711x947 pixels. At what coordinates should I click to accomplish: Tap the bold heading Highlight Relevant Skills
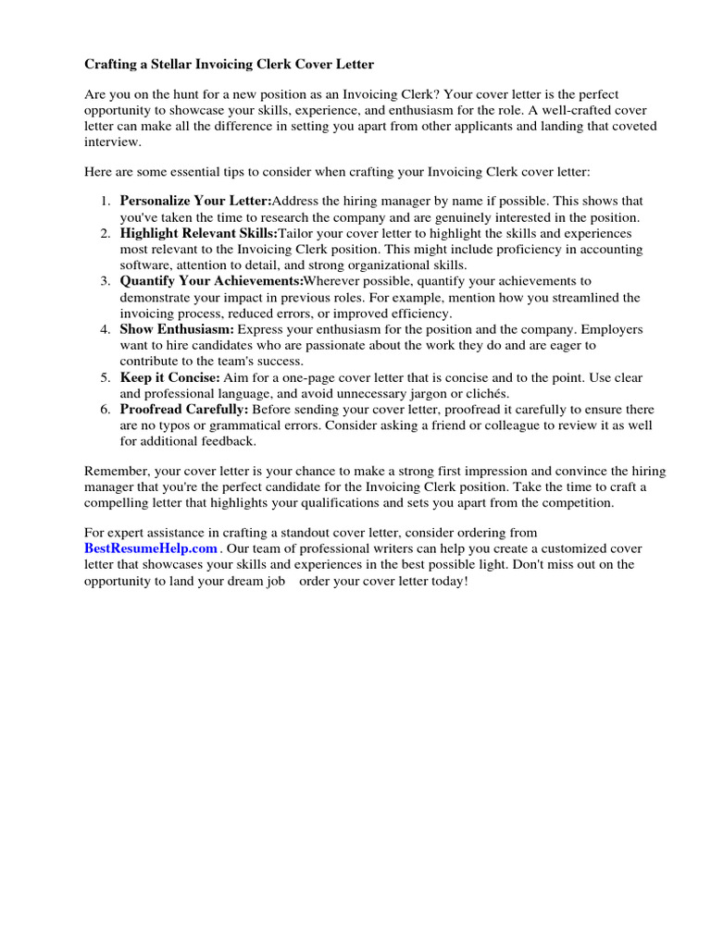coord(199,234)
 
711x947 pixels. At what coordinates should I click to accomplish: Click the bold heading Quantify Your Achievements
coord(211,280)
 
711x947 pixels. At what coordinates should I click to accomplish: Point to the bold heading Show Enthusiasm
coord(177,329)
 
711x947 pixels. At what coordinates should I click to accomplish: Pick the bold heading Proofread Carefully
coord(184,409)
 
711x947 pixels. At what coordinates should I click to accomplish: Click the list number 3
coord(106,280)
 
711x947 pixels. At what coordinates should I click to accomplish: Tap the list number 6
coord(106,409)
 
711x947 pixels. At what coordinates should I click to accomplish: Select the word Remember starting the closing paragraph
coord(116,471)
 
